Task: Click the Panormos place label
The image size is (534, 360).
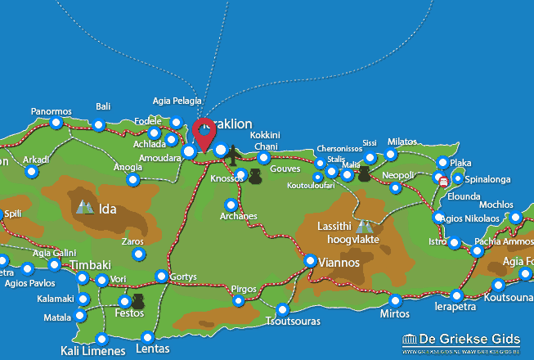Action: [x=52, y=111]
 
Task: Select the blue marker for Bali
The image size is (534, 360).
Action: [x=99, y=125]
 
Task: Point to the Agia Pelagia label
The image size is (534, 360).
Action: [x=177, y=101]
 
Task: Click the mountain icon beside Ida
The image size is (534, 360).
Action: [x=84, y=208]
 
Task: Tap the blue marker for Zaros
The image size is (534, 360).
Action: [x=138, y=255]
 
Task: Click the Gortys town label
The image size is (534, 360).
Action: [x=183, y=277]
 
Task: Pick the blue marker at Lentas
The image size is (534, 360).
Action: [x=148, y=336]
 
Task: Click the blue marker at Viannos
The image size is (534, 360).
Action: [x=311, y=261]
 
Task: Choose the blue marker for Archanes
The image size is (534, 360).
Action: [x=231, y=205]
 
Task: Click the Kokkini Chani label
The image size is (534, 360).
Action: [x=266, y=140]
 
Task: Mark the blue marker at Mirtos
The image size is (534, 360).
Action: [x=395, y=300]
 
